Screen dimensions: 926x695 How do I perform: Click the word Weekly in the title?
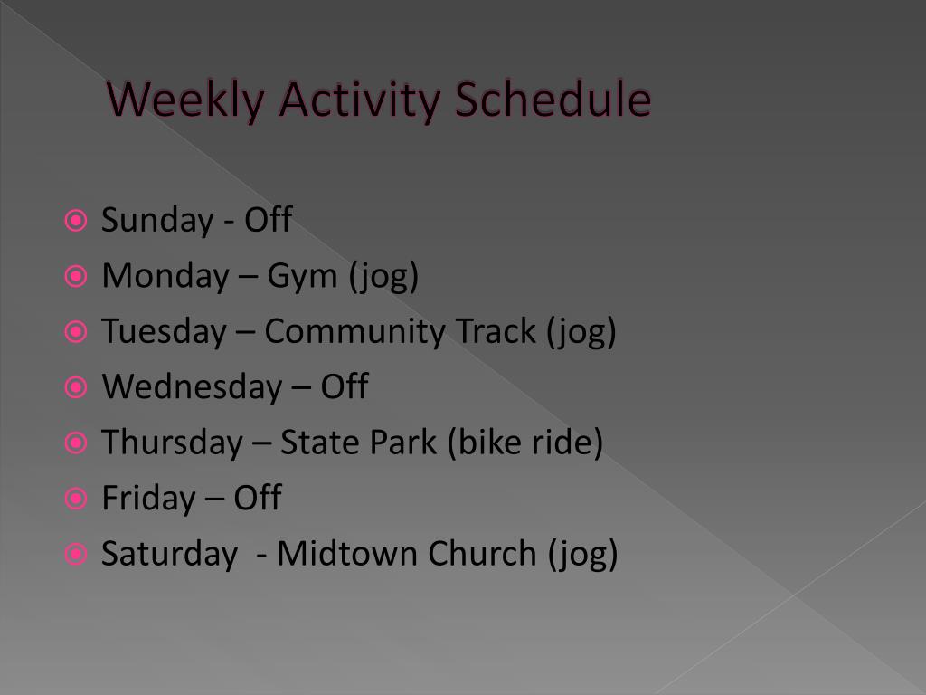(x=185, y=100)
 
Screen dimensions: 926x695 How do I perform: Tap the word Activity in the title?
(x=360, y=100)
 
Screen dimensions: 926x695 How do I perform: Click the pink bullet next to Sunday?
(x=76, y=221)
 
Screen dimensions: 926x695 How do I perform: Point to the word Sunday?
(x=157, y=221)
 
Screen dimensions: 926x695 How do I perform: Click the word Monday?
(x=165, y=277)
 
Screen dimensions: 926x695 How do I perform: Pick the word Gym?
(x=302, y=277)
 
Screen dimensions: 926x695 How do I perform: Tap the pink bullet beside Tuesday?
(x=76, y=332)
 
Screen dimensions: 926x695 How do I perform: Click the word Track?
(x=496, y=330)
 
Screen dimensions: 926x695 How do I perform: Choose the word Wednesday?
(x=192, y=387)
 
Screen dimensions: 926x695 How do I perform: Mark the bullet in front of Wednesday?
(x=76, y=387)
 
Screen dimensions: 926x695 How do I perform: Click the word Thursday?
(x=172, y=443)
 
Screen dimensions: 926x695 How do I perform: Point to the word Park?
(x=403, y=442)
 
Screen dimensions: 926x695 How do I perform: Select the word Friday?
(x=149, y=499)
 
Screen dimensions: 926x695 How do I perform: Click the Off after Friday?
(x=258, y=498)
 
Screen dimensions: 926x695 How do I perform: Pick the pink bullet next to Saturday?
(x=76, y=555)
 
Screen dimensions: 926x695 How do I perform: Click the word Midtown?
(x=347, y=554)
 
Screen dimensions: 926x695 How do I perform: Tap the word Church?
(x=482, y=554)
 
